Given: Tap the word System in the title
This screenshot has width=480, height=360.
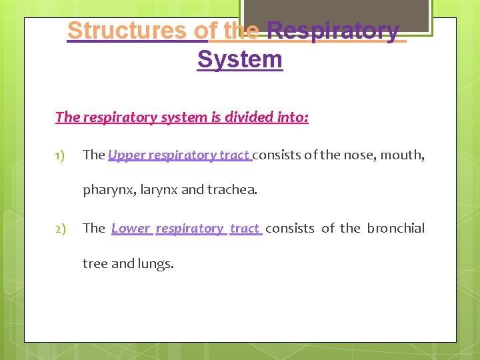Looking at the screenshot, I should (x=239, y=59).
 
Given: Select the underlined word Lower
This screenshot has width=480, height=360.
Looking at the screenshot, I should (x=131, y=229).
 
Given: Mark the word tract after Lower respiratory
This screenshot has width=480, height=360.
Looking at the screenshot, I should (x=244, y=229).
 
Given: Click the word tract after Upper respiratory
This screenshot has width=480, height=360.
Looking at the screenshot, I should (x=234, y=155).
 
